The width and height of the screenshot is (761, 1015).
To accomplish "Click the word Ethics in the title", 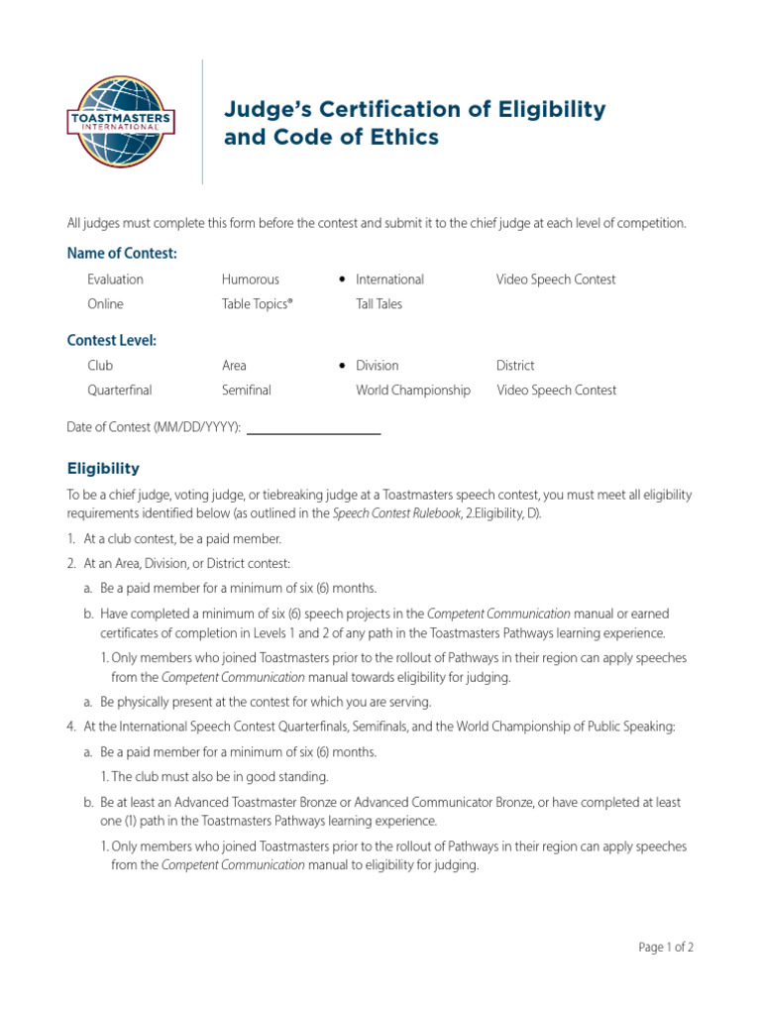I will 403,138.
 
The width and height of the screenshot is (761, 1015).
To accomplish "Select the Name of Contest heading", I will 122,254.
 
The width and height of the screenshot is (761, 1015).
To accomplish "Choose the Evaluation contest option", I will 115,280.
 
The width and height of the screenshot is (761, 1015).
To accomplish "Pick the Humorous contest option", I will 251,280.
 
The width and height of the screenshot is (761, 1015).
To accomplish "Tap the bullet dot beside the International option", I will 341,280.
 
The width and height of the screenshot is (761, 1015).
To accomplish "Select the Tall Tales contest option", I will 380,304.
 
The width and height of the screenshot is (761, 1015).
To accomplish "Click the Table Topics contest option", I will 258,304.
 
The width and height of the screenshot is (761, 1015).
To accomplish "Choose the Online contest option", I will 105,304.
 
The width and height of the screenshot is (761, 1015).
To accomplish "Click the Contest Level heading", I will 111,340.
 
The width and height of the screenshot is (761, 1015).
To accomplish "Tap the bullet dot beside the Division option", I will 341,366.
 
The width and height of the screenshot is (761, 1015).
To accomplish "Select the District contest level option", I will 515,366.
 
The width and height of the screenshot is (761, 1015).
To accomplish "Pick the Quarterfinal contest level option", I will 120,391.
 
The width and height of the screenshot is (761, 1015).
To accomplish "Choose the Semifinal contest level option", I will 247,391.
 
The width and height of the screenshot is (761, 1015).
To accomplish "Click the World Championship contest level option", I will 413,391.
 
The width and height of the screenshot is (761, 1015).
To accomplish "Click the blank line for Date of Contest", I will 313,432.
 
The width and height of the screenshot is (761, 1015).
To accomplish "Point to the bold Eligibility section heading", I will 103,469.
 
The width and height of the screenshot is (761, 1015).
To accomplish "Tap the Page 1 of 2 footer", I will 666,948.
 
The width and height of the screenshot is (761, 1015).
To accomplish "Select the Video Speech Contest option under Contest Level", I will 556,391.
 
